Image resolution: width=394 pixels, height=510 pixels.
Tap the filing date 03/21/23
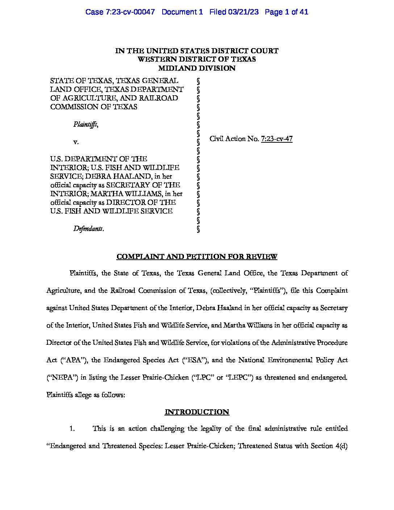(x=243, y=12)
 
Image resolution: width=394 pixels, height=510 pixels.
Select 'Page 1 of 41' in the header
(x=286, y=12)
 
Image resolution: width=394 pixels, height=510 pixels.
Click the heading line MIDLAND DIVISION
(x=197, y=68)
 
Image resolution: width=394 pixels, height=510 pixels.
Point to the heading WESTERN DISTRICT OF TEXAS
(x=197, y=59)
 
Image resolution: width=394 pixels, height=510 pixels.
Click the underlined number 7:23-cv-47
(x=277, y=139)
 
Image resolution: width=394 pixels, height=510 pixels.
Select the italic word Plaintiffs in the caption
(x=85, y=124)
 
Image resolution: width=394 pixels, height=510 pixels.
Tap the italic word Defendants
(x=88, y=229)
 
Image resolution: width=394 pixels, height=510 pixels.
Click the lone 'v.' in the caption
(x=76, y=142)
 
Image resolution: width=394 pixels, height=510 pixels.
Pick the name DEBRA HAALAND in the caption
(x=138, y=176)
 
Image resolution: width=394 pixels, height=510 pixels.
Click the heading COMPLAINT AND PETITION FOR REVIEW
(x=197, y=257)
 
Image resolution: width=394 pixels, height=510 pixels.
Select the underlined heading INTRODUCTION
(x=197, y=412)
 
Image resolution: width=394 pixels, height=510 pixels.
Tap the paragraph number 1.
(x=72, y=429)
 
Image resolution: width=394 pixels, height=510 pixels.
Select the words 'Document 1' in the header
(x=182, y=12)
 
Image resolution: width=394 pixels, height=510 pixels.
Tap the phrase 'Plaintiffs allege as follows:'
(x=86, y=395)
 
